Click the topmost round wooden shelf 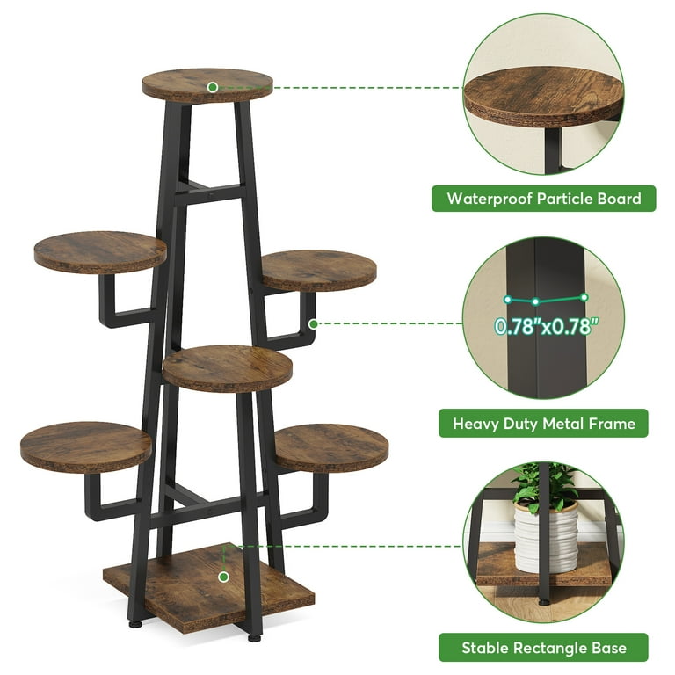[x=207, y=85]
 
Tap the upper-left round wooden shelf [x=100, y=251]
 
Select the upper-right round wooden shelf [x=318, y=270]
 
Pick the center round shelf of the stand [x=227, y=367]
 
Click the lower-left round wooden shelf [x=86, y=446]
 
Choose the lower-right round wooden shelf [x=331, y=447]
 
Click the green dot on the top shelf [x=213, y=87]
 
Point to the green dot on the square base [x=224, y=577]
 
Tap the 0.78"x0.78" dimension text [x=547, y=327]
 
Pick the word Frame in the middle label [x=613, y=424]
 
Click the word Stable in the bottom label [x=486, y=648]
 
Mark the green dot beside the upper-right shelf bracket [x=314, y=323]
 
